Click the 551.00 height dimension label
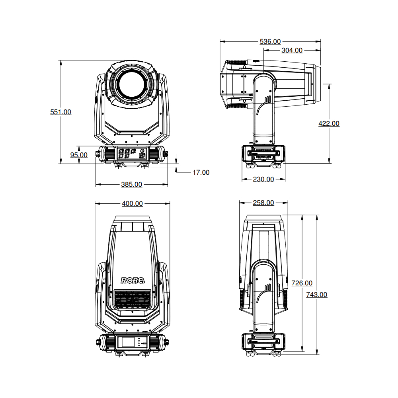pyautogui.click(x=60, y=112)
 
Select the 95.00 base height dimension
pyautogui.click(x=79, y=155)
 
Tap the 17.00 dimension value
pyautogui.click(x=201, y=172)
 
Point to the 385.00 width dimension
pyautogui.click(x=131, y=184)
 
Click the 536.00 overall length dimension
pyautogui.click(x=270, y=41)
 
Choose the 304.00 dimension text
pyautogui.click(x=292, y=50)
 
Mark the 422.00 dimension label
pyautogui.click(x=329, y=124)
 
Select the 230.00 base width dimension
pyautogui.click(x=263, y=179)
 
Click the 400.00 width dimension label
pyautogui.click(x=132, y=203)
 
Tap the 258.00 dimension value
pyautogui.click(x=263, y=203)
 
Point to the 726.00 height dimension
pyautogui.click(x=302, y=283)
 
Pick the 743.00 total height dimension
pyautogui.click(x=317, y=295)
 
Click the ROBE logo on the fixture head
pyautogui.click(x=133, y=281)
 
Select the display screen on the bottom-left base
pyautogui.click(x=127, y=342)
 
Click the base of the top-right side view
pyautogui.click(x=263, y=154)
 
